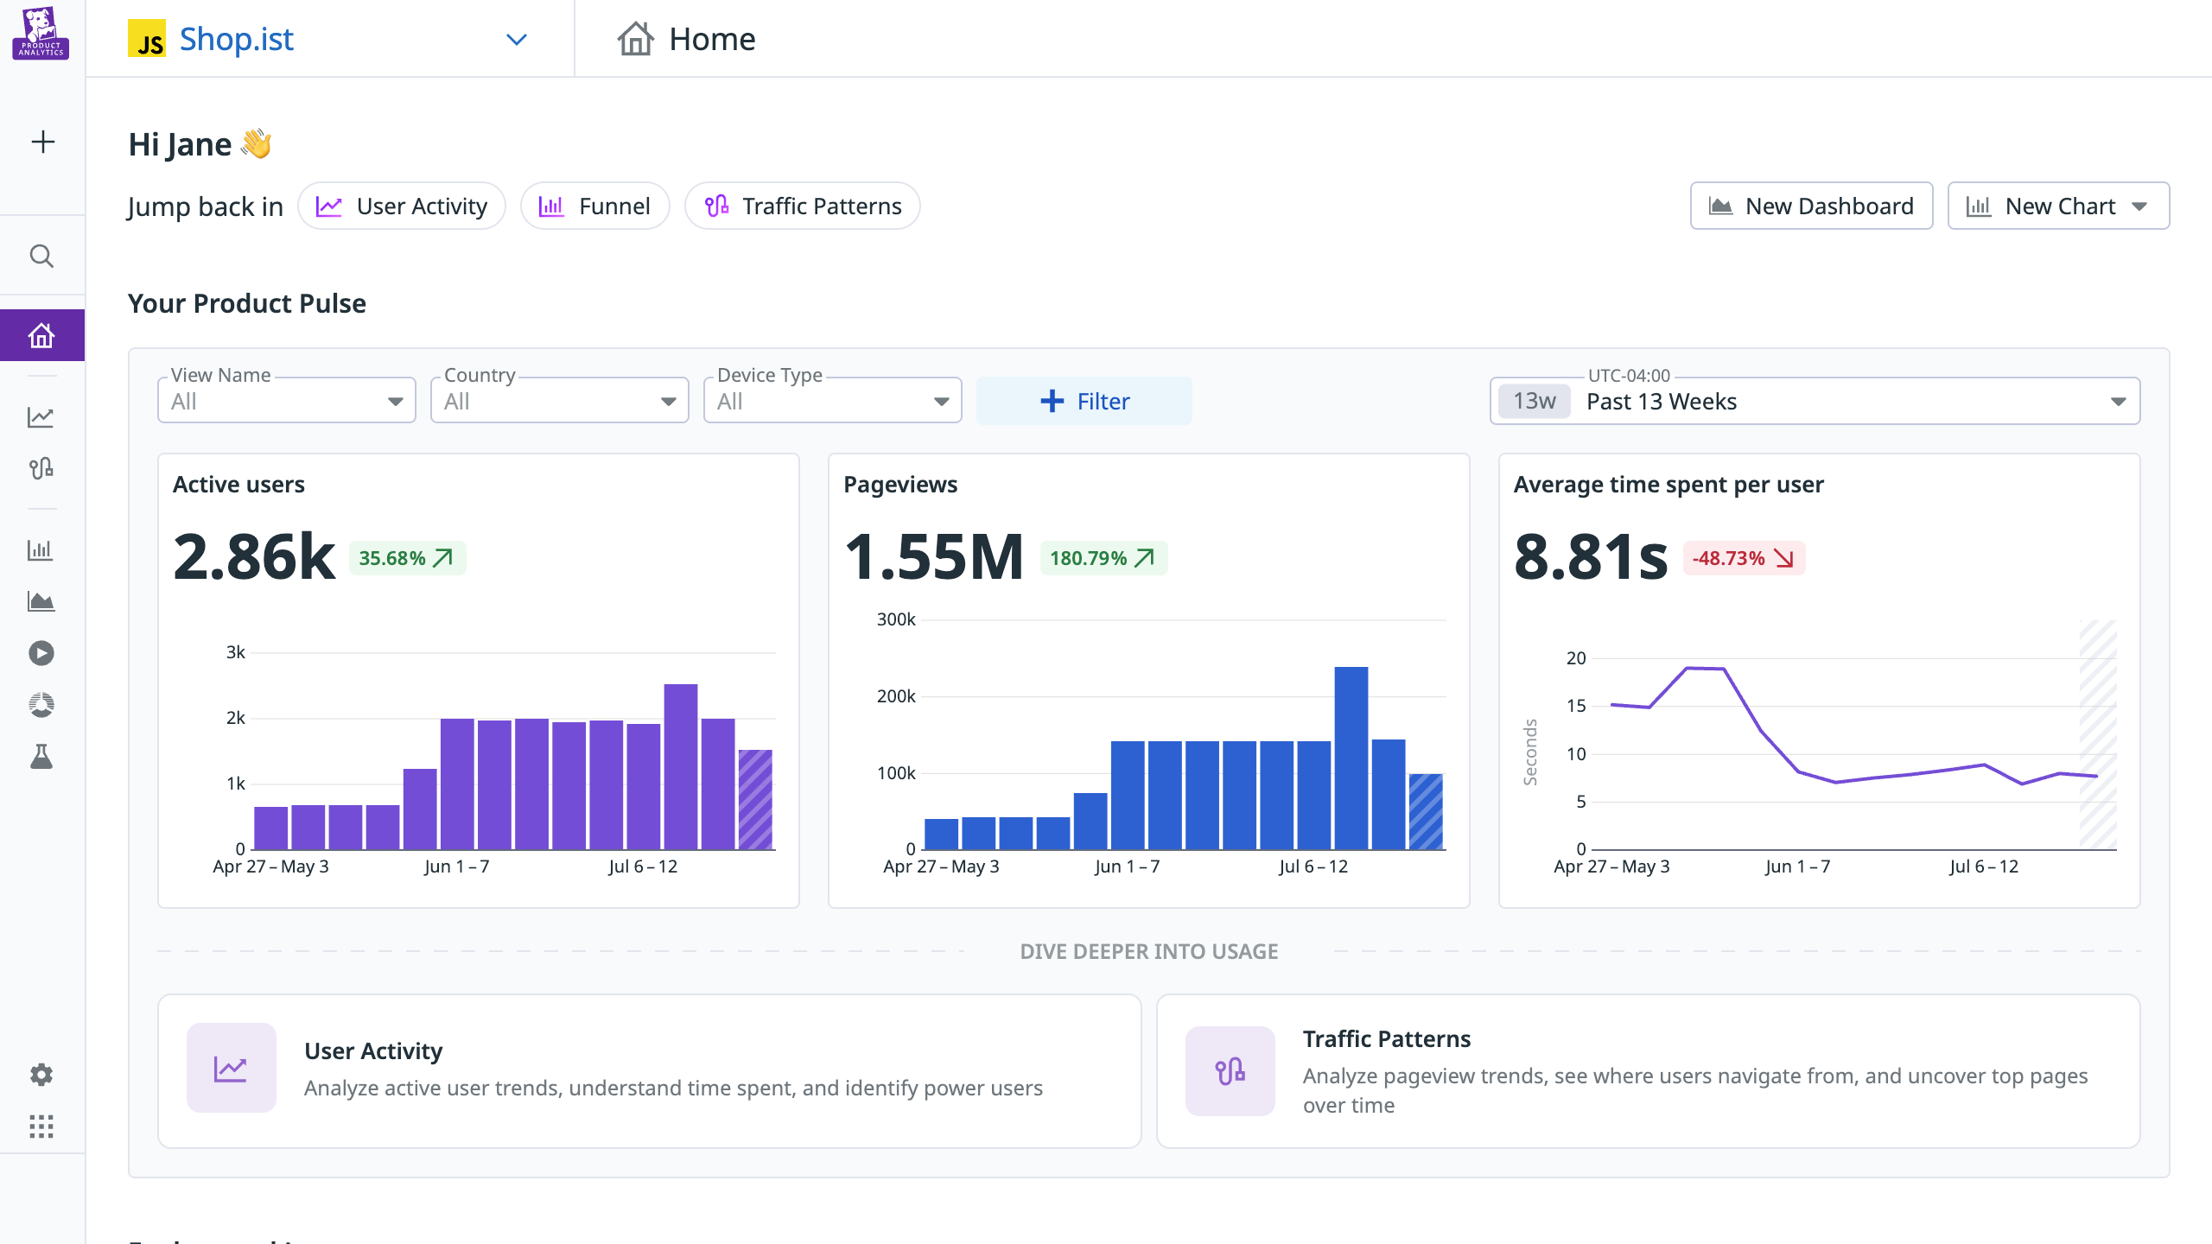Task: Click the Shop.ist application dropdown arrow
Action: click(516, 40)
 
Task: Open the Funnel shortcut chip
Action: click(594, 206)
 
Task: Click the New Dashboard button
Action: click(1811, 206)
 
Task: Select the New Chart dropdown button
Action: click(2057, 206)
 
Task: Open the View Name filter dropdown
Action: click(286, 402)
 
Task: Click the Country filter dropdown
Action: click(559, 402)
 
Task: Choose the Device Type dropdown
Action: click(832, 402)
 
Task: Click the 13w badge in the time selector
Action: click(1534, 402)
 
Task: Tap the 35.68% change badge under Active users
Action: click(406, 558)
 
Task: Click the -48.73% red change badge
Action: click(1743, 558)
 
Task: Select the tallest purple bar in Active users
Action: click(680, 766)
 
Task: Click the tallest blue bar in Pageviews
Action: click(1351, 758)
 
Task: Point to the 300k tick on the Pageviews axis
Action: click(896, 619)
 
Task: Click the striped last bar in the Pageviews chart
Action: click(1425, 811)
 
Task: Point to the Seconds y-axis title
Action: click(1530, 752)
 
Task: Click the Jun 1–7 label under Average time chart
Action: click(1797, 866)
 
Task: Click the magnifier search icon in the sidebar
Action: click(41, 257)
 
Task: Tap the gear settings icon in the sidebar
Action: click(41, 1075)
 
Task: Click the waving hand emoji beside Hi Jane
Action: click(257, 143)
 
